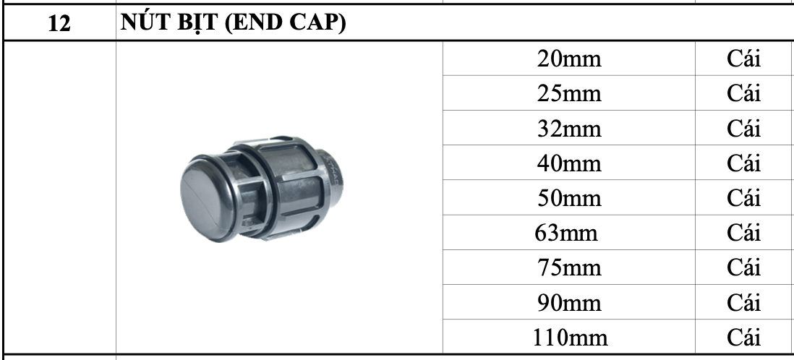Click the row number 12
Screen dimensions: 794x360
click(59, 23)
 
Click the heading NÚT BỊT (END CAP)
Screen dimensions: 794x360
click(233, 22)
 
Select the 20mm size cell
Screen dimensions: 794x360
click(569, 59)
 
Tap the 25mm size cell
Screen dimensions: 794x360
click(569, 94)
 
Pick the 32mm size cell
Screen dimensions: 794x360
click(569, 129)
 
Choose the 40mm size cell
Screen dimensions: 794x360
click(569, 163)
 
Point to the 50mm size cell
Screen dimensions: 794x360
click(569, 198)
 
